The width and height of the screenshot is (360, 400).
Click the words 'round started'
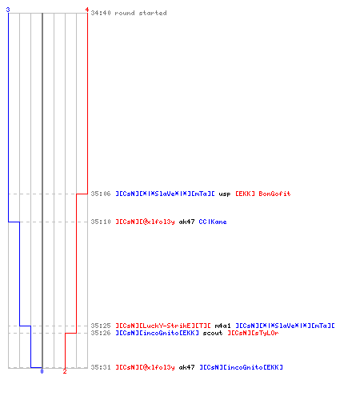141,13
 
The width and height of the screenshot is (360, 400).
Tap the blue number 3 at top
8,10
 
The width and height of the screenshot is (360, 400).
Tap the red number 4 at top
87,10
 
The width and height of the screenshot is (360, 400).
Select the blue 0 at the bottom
42,371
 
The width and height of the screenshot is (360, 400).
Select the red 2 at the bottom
65,371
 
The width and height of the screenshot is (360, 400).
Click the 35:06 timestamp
101,194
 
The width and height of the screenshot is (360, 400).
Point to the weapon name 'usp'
225,194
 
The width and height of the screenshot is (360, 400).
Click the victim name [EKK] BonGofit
263,194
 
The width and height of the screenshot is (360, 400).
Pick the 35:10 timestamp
101,222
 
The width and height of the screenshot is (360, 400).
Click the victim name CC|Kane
213,222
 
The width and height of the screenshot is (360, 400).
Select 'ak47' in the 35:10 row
186,222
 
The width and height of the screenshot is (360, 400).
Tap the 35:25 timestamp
101,326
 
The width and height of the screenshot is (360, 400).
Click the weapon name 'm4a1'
222,326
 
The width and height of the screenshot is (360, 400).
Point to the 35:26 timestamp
101,333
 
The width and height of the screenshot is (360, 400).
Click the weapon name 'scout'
213,333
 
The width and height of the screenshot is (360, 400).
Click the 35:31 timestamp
101,367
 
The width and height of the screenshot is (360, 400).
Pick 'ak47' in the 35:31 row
186,367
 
